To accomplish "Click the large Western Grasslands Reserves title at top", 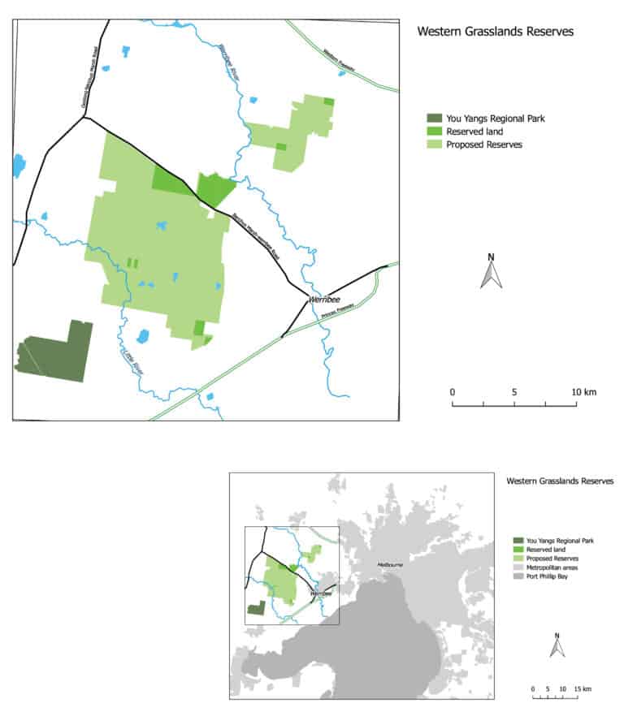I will tap(495, 32).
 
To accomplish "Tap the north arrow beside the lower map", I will tap(557, 645).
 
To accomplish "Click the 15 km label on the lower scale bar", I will tap(582, 688).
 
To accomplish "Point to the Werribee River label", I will tap(227, 62).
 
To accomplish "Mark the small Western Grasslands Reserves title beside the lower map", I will tap(559, 481).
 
